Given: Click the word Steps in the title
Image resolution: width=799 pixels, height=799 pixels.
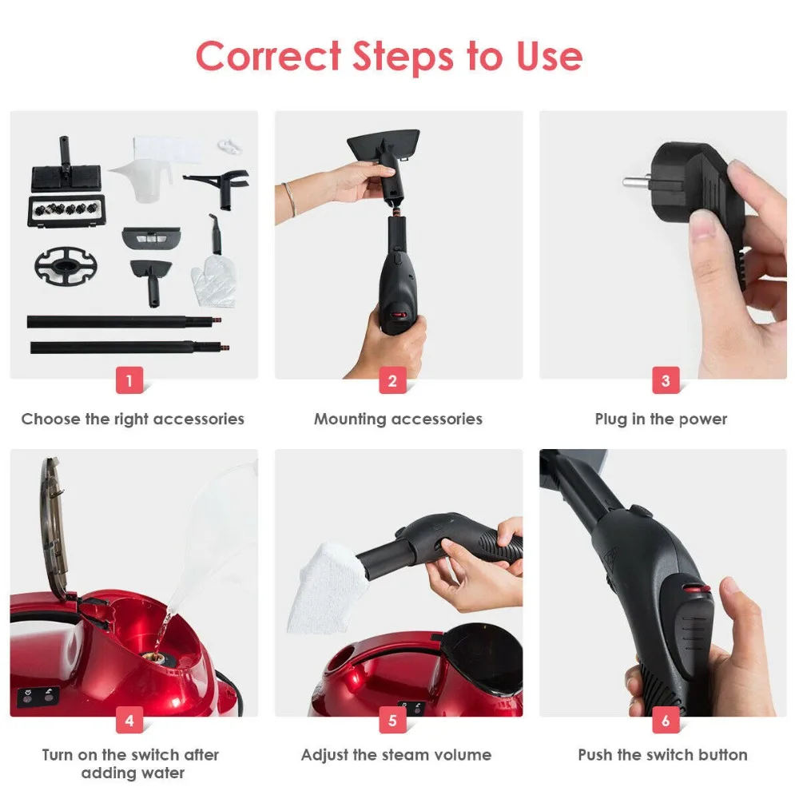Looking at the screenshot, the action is pyautogui.click(x=402, y=57).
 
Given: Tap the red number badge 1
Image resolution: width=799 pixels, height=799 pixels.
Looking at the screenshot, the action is pyautogui.click(x=129, y=380).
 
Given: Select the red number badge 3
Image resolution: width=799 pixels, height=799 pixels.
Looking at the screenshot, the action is pyautogui.click(x=666, y=380).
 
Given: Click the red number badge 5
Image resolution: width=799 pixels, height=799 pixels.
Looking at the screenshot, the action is pyautogui.click(x=392, y=720).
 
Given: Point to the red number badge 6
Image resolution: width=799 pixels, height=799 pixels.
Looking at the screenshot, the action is pyautogui.click(x=666, y=720).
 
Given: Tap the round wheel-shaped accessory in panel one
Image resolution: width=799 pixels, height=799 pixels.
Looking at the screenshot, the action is pyautogui.click(x=66, y=265).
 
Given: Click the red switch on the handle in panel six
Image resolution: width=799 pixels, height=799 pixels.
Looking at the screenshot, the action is pyautogui.click(x=697, y=590).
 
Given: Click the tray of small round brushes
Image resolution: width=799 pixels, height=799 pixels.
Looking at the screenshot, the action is pyautogui.click(x=66, y=209).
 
